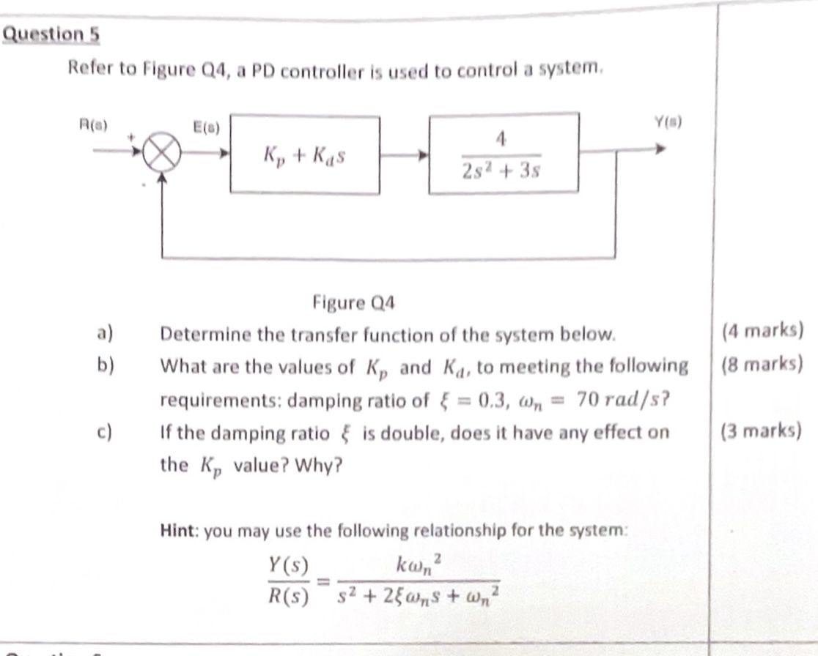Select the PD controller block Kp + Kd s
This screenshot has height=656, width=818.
305,155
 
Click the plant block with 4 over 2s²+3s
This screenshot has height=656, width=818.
504,153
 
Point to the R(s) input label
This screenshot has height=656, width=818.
93,124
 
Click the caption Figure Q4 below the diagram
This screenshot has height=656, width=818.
354,302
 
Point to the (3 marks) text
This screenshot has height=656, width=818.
759,430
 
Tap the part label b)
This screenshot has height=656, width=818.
105,365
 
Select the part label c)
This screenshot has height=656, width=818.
105,431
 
